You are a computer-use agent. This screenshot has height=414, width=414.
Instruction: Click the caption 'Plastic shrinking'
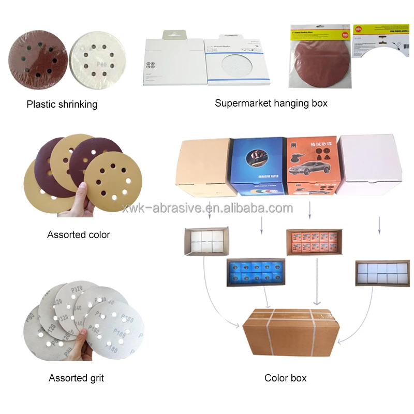coord(62,105)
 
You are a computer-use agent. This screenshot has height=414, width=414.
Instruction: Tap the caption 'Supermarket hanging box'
coord(271,103)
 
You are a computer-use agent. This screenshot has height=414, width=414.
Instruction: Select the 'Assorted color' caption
coord(79,234)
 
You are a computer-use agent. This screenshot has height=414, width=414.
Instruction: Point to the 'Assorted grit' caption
coord(76,378)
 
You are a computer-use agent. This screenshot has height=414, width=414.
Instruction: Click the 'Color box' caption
coord(285,378)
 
